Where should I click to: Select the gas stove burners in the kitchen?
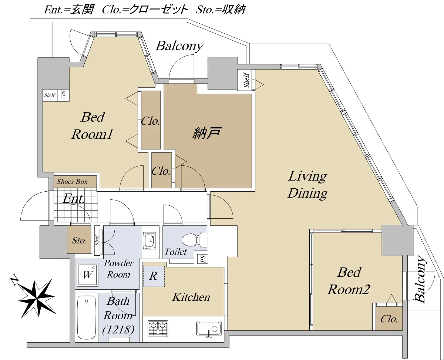point(158,329)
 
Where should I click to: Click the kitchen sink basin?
point(209,329)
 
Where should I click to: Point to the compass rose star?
point(37,299)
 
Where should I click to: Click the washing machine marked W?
point(87,275)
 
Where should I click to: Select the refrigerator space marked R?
point(154,276)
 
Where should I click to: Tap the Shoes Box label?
point(72,182)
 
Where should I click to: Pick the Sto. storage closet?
point(79,240)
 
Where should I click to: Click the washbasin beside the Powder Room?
point(150,240)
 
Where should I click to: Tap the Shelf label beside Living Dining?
point(246,80)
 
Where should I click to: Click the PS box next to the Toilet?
point(203,259)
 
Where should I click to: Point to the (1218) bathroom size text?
point(118,330)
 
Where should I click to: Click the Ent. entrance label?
point(74,199)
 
